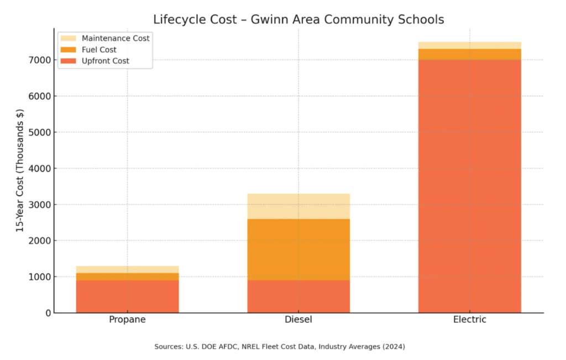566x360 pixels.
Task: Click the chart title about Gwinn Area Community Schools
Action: click(x=298, y=20)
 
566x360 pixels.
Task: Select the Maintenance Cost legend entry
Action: click(x=115, y=38)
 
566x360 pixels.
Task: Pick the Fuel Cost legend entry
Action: click(x=99, y=50)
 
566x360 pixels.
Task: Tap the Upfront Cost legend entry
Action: click(x=105, y=61)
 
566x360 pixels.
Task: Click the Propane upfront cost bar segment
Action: click(x=127, y=296)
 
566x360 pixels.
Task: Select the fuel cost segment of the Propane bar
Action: click(x=127, y=276)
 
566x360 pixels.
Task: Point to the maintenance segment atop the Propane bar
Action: click(x=127, y=269)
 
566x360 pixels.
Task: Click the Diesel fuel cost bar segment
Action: click(x=298, y=249)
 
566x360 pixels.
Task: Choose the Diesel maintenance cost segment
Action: click(x=298, y=206)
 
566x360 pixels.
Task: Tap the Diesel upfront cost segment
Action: click(x=298, y=296)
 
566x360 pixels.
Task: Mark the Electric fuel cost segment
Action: click(x=469, y=54)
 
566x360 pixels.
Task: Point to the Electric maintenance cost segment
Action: click(x=469, y=45)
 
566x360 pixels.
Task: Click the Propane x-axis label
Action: click(x=127, y=320)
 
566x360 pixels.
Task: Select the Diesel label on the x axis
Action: click(x=298, y=320)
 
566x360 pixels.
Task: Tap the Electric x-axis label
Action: click(x=469, y=320)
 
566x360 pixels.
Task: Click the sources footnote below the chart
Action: click(x=280, y=347)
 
